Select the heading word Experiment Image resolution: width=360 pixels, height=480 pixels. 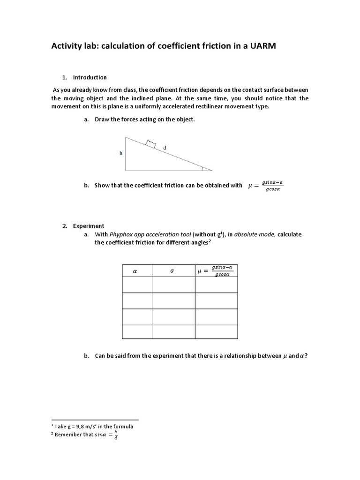pyautogui.click(x=89, y=226)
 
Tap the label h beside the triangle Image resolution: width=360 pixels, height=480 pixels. pyautogui.click(x=120, y=153)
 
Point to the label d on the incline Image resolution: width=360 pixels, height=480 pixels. pyautogui.click(x=165, y=148)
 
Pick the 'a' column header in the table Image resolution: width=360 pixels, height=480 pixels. pyautogui.click(x=172, y=271)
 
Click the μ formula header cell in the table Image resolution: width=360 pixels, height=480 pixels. pyautogui.click(x=217, y=271)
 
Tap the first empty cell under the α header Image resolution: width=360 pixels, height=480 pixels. pyautogui.click(x=137, y=285)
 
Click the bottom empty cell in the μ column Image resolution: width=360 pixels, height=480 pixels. pyautogui.click(x=217, y=331)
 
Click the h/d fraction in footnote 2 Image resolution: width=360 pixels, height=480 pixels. pyautogui.click(x=116, y=435)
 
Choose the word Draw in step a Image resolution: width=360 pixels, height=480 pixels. pyautogui.click(x=102, y=120)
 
